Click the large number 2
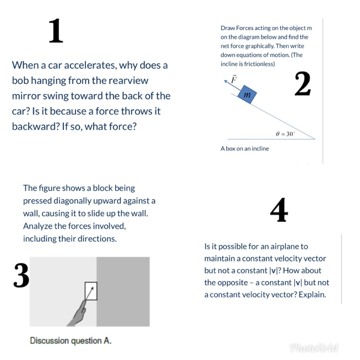(302, 84)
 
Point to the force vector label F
(234, 79)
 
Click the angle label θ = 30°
(285, 133)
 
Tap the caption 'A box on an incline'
(244, 149)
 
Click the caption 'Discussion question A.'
(70, 340)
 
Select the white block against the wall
(91, 291)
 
